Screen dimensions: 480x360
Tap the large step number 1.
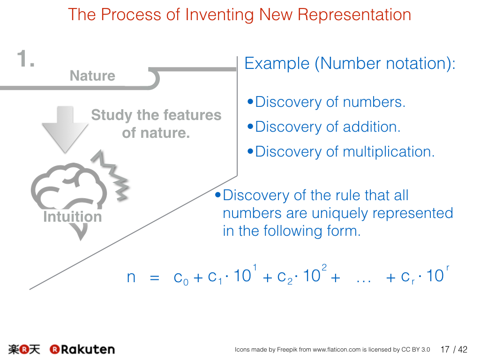25,59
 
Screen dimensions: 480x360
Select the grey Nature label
92,75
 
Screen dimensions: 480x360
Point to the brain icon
69,187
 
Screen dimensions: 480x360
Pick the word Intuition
73,217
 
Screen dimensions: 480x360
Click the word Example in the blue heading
277,64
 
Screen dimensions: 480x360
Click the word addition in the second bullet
372,127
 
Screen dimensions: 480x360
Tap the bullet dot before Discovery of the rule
218,195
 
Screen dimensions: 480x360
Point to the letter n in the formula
131,277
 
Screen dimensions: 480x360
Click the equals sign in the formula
155,278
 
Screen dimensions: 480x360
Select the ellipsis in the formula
364,281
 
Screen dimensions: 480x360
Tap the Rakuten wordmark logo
82,349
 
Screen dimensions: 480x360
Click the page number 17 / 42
454,349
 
